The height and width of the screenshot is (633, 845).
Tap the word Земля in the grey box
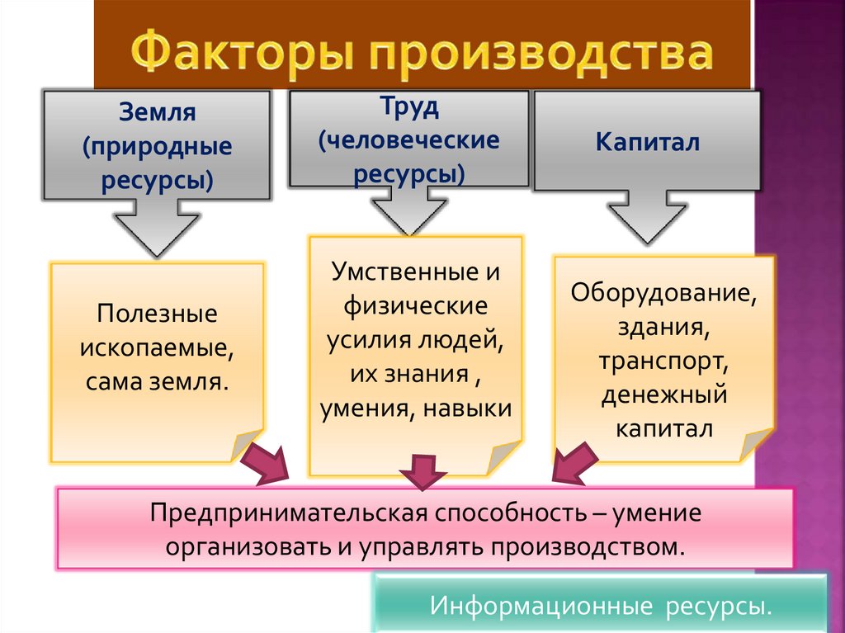[157, 111]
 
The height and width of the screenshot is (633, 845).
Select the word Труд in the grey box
[408, 107]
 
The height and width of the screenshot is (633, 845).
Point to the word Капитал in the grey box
[648, 142]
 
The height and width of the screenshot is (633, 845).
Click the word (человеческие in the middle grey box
[409, 139]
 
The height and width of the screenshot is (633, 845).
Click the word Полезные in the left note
[157, 314]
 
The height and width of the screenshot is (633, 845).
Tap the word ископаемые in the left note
[157, 348]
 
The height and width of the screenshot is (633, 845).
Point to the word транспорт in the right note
[663, 361]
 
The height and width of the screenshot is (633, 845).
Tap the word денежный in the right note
[663, 395]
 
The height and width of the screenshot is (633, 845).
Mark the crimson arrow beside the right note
[574, 463]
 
